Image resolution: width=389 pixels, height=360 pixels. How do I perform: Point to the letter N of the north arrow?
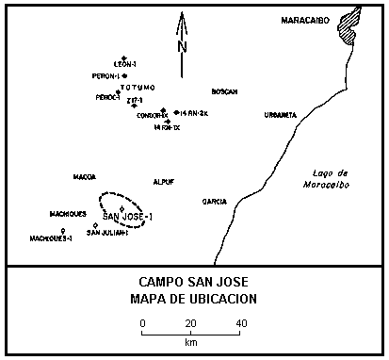[183, 46]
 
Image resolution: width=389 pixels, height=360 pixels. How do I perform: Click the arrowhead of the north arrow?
[183, 15]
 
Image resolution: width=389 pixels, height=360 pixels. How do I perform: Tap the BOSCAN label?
[224, 91]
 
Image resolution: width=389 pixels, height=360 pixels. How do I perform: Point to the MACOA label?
[85, 176]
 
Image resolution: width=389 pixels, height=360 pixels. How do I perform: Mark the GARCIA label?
[215, 202]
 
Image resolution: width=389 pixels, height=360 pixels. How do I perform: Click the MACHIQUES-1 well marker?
[64, 230]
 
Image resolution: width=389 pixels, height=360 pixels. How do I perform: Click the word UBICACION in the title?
[223, 299]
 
